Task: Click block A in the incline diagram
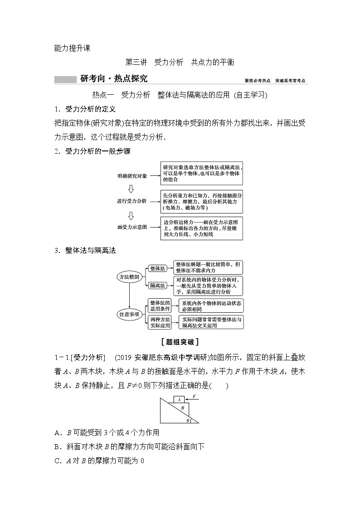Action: pos(180,399)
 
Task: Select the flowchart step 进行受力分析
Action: pos(132,201)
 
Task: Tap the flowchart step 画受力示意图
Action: pos(132,227)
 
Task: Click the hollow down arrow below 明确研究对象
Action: pos(131,188)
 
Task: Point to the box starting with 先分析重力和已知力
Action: pos(202,201)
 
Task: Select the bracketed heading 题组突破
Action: pos(180,342)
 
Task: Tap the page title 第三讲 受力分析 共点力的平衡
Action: pos(180,63)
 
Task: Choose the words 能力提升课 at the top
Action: pos(72,48)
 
